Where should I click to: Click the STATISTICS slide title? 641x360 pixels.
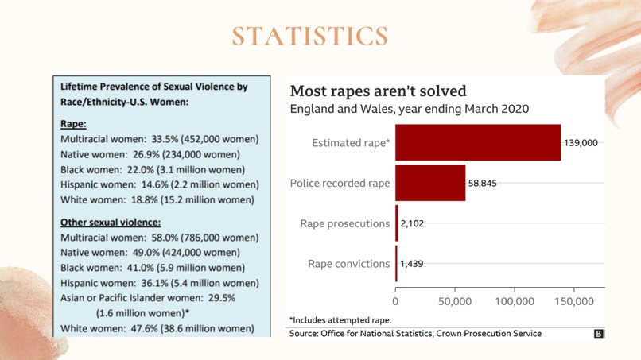[310, 36]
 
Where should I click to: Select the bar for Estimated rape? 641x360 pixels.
[478, 142]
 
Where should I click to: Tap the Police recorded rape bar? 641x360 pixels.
[430, 183]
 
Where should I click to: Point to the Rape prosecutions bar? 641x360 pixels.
[397, 223]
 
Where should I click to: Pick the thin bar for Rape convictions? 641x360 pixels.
[396, 264]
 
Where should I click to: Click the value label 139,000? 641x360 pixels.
[581, 142]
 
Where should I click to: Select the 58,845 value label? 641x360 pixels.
[483, 183]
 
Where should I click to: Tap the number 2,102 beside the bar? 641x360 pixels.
[412, 223]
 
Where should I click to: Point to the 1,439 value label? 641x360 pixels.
[412, 264]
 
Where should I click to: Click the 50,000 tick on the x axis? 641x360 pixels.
[455, 301]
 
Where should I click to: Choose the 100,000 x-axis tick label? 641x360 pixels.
[515, 301]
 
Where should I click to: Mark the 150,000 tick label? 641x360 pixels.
[574, 301]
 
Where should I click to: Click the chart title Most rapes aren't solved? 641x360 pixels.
[378, 91]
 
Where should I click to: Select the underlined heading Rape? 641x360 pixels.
[73, 124]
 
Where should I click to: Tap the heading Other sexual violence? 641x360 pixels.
[111, 223]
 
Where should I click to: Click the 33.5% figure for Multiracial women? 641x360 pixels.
[165, 139]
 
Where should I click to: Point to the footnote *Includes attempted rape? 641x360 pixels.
[340, 320]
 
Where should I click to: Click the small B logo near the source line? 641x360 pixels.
[598, 334]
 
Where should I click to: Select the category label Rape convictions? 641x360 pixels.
[348, 264]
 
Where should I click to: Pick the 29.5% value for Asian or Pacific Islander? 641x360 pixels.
[222, 298]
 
